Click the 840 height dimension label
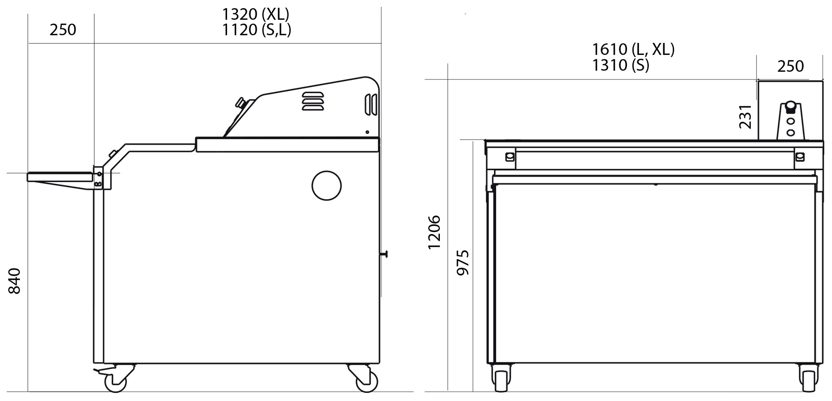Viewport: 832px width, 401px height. point(15,281)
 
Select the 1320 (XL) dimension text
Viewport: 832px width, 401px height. point(255,14)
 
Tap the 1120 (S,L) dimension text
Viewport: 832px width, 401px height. point(256,30)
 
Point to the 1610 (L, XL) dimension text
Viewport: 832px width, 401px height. point(633,49)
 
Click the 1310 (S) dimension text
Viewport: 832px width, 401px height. point(620,65)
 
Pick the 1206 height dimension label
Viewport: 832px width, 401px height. point(434,232)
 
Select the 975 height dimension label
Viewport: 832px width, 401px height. point(463,262)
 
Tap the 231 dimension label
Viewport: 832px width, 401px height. point(745,117)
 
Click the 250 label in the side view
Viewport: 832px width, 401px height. point(63,30)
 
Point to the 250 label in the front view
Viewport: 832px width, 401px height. point(790,66)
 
